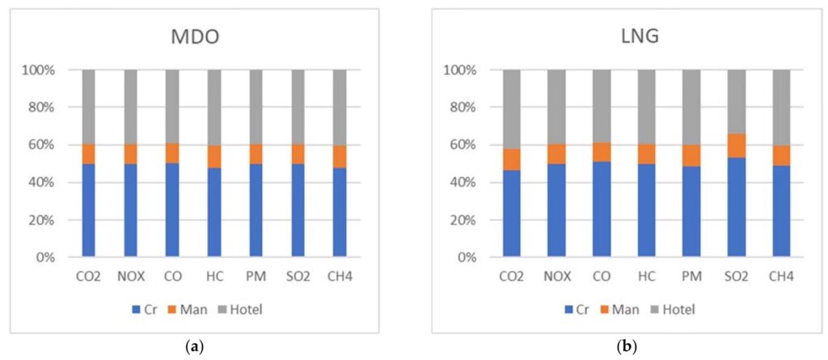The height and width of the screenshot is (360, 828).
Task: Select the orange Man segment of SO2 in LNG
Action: (737, 146)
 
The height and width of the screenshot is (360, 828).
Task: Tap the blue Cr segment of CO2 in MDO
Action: (89, 210)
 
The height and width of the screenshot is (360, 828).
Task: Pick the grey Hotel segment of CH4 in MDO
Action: (340, 108)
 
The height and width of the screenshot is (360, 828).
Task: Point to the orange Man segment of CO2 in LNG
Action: (513, 159)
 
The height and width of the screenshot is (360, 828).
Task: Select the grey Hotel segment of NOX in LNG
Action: (557, 108)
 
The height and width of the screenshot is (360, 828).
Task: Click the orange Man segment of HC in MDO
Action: (214, 156)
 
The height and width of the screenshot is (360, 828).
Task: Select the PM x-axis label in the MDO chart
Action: (256, 277)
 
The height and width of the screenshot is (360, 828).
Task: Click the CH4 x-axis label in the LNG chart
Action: (781, 277)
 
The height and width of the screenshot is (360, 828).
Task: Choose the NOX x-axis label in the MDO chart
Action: (131, 277)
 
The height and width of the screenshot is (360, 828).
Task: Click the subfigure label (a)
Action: (194, 347)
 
